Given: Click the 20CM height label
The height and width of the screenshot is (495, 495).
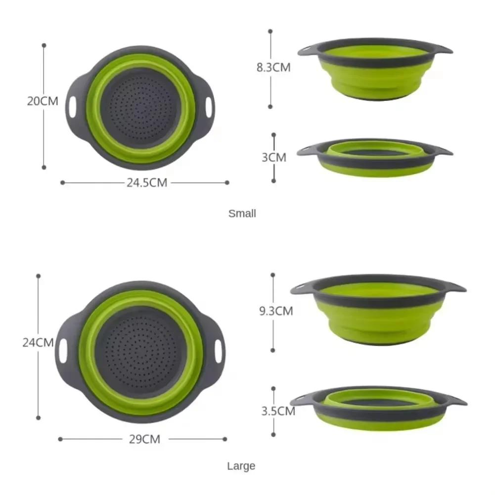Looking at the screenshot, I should click(x=43, y=101).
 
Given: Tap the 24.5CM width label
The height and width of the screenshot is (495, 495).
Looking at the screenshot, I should click(x=146, y=182).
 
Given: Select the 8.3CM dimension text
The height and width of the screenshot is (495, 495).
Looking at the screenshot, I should click(x=273, y=68).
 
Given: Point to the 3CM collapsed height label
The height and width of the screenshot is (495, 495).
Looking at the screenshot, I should click(x=274, y=157).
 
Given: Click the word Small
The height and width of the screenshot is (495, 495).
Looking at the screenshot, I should click(x=242, y=214).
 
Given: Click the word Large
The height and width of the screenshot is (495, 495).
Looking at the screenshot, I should click(x=241, y=466).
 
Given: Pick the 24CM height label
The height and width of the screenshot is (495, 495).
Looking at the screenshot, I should click(x=38, y=342).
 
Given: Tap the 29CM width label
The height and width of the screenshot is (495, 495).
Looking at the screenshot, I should click(x=144, y=439).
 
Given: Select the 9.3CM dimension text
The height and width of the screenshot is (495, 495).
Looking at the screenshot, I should click(x=276, y=311).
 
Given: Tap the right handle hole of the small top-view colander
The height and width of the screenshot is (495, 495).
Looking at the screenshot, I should click(x=209, y=105).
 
